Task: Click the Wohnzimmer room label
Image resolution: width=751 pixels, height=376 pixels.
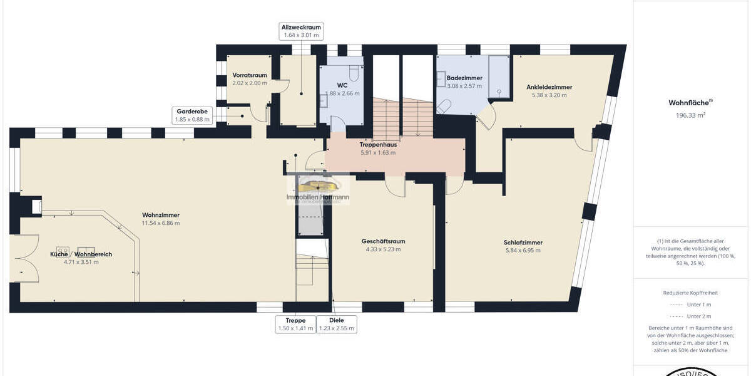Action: [x=161, y=215]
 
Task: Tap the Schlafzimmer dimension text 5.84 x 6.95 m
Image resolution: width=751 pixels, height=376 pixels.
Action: [x=523, y=250]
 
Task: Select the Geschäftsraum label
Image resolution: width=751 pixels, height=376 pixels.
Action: [x=384, y=241]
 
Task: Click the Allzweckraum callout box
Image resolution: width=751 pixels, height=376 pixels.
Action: [x=301, y=31]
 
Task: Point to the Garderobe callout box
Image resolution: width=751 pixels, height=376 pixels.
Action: [x=192, y=115]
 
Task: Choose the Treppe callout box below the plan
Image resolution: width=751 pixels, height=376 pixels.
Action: [x=295, y=324]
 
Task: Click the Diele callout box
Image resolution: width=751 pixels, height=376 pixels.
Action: [x=337, y=324]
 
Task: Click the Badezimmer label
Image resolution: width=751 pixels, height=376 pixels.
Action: [x=464, y=78]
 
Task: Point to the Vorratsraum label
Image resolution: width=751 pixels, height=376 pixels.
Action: [x=250, y=75]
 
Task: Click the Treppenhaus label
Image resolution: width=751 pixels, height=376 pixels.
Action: [x=378, y=144]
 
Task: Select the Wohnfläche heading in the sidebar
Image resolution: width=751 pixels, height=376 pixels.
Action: [x=690, y=102]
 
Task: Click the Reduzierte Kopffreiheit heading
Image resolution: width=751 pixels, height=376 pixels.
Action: [x=690, y=293]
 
